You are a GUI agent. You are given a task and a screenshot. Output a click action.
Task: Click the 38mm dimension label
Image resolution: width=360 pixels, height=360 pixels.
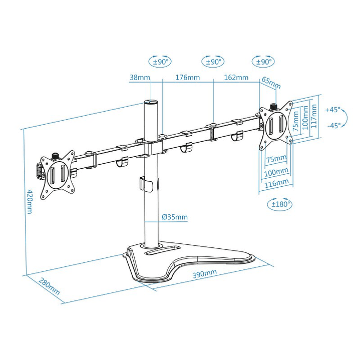pos(139,78)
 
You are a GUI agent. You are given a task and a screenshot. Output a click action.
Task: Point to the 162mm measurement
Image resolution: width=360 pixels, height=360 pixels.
pos(236,78)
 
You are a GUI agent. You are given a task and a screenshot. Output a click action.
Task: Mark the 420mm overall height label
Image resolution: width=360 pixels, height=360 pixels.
pos(30,202)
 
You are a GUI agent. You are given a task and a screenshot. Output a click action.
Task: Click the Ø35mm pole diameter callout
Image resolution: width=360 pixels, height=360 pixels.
pos(175,217)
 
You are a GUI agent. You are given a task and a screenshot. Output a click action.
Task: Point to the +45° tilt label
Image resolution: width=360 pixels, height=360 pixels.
pos(332,109)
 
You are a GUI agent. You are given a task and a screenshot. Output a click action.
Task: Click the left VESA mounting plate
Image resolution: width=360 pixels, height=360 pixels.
pos(56,173)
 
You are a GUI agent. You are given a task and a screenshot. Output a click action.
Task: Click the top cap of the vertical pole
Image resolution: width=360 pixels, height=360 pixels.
pos(151,102)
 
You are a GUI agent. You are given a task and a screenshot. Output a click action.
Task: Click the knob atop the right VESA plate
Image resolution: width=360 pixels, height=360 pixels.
pos(273,106)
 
